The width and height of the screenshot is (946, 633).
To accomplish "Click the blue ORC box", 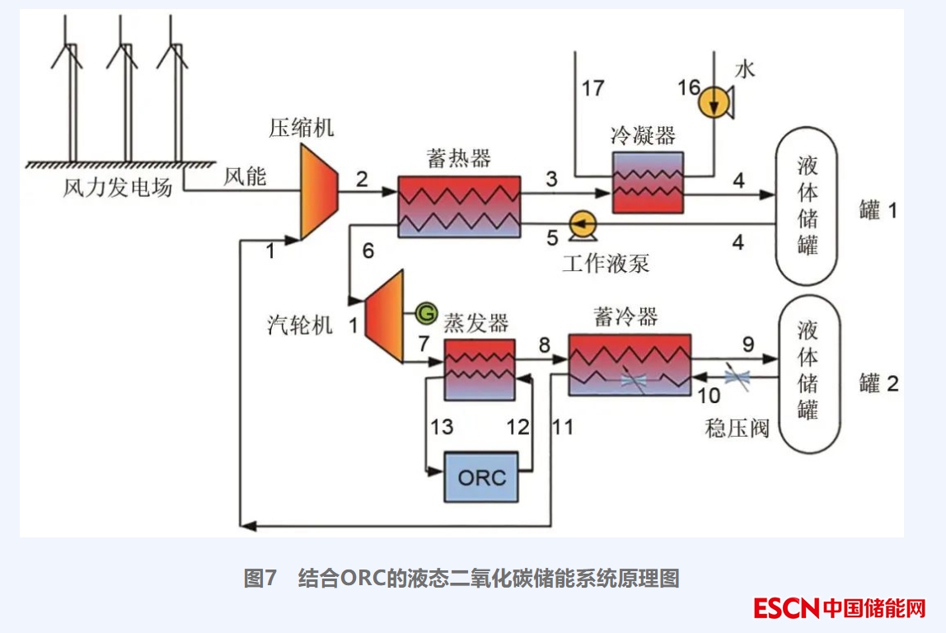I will (481, 476).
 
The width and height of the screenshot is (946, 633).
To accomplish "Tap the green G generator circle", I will (426, 312).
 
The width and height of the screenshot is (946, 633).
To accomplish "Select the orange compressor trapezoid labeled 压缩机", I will (318, 191).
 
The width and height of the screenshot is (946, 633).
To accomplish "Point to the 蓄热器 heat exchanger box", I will (458, 207).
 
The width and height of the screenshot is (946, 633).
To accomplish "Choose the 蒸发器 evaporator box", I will (479, 370).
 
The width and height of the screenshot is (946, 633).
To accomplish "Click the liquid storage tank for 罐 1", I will (806, 207).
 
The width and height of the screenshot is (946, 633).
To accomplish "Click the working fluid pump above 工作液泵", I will (583, 224).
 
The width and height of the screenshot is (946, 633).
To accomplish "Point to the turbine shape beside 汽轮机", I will (384, 316).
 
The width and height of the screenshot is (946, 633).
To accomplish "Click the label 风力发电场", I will (118, 187).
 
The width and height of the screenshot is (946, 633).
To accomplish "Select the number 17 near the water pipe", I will (592, 88).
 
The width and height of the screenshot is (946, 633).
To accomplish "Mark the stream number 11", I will (563, 427).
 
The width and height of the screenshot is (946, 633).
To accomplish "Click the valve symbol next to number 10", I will (737, 377).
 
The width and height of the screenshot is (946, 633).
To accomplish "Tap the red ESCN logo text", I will (786, 608).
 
